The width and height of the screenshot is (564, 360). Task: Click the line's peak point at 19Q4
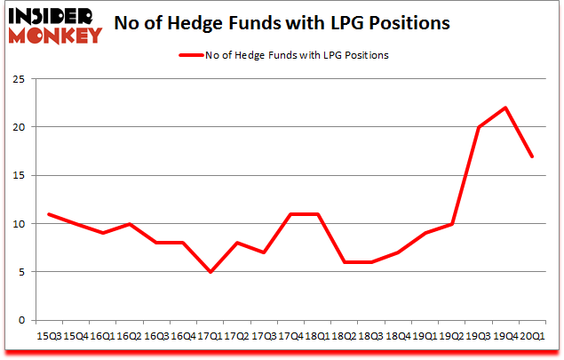pos(504,108)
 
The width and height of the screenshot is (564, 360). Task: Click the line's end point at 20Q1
pos(531,156)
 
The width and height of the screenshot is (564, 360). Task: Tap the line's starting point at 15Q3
pos(50,214)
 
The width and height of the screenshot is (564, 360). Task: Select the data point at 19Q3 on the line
pos(479,127)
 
